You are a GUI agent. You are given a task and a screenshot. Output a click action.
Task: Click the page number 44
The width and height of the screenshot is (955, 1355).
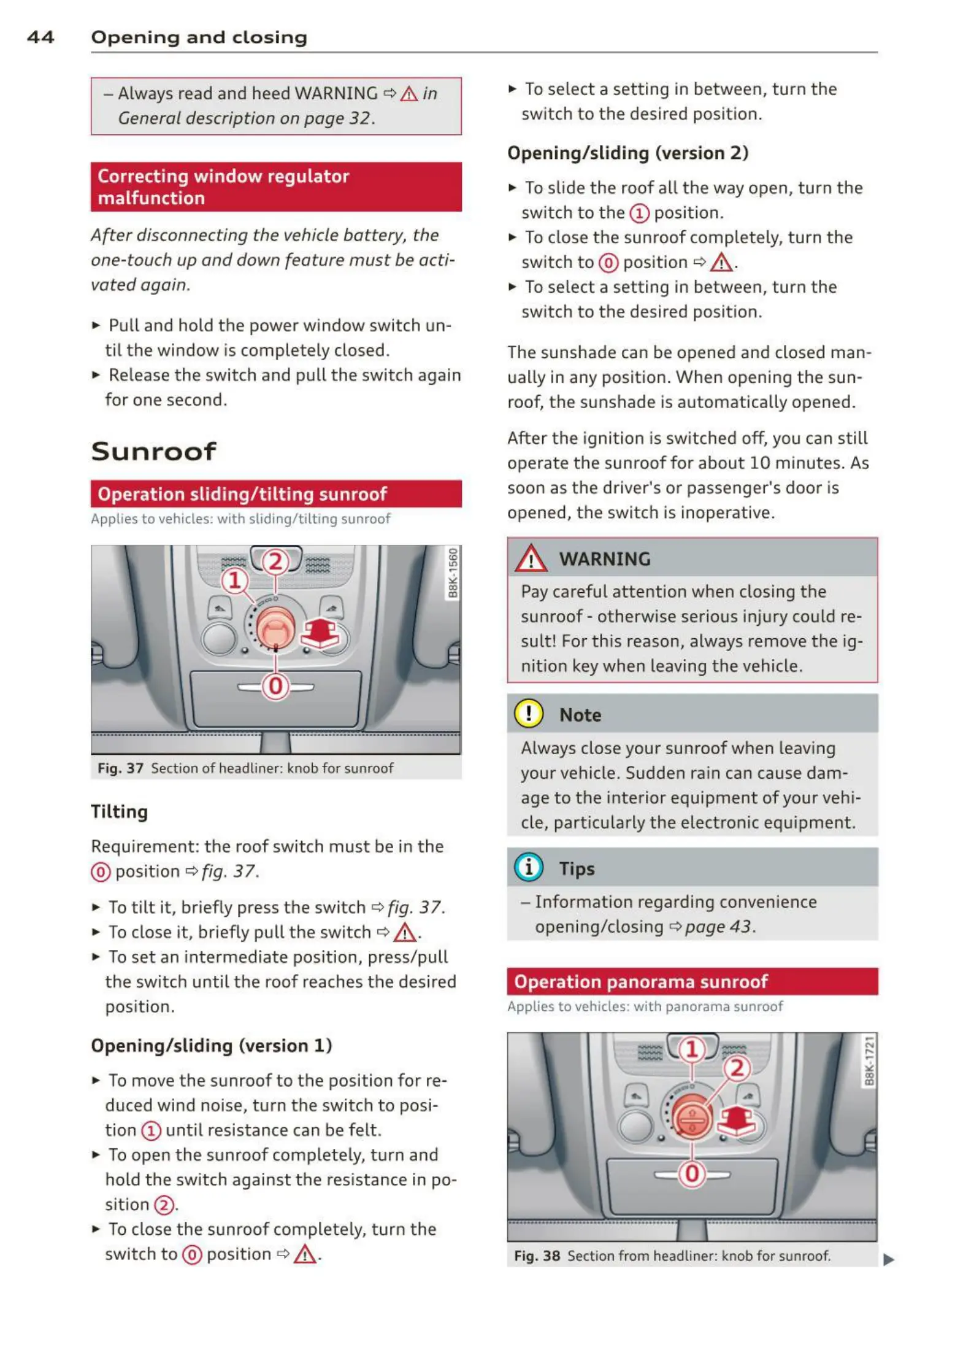click(40, 37)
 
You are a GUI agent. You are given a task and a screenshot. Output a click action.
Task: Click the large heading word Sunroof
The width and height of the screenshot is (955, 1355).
click(153, 452)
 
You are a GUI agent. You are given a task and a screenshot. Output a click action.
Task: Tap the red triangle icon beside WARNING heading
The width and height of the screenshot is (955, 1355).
click(531, 559)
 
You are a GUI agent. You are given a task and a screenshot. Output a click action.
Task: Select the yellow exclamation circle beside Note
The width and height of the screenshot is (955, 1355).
click(528, 714)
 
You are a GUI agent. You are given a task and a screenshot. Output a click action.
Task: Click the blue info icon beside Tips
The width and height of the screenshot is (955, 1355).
click(528, 867)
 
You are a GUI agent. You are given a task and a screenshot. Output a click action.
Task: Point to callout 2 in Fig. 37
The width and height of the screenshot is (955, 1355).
click(275, 562)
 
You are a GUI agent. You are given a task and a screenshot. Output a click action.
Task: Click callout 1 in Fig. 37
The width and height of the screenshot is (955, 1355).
click(234, 580)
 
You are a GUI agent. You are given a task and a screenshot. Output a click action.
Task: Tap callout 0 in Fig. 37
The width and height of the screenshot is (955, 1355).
click(275, 685)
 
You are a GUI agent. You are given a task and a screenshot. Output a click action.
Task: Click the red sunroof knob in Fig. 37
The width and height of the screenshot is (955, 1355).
click(275, 627)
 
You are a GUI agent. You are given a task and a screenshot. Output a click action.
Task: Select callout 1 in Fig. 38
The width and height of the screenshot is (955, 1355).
click(692, 1049)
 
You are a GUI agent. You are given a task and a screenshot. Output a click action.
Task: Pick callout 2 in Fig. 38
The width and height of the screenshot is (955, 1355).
click(737, 1068)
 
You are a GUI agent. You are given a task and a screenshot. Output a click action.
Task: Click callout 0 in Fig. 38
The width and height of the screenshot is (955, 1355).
click(692, 1173)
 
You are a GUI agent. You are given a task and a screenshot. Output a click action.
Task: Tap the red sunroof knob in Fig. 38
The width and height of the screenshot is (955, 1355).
click(692, 1117)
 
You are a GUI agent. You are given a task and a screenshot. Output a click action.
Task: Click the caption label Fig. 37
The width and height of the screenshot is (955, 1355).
click(120, 768)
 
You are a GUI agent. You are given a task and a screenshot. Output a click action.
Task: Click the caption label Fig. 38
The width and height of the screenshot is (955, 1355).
click(537, 1256)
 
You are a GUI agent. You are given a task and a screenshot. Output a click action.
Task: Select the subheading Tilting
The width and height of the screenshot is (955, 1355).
click(119, 811)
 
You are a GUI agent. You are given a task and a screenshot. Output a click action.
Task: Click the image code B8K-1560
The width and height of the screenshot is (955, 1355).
click(453, 573)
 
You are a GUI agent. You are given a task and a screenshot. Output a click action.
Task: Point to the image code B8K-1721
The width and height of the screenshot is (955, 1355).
click(869, 1060)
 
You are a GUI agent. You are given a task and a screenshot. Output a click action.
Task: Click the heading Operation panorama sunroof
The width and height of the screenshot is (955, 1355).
click(640, 981)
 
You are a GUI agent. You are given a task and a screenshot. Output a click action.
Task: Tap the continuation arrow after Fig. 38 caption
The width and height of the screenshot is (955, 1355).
click(888, 1260)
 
